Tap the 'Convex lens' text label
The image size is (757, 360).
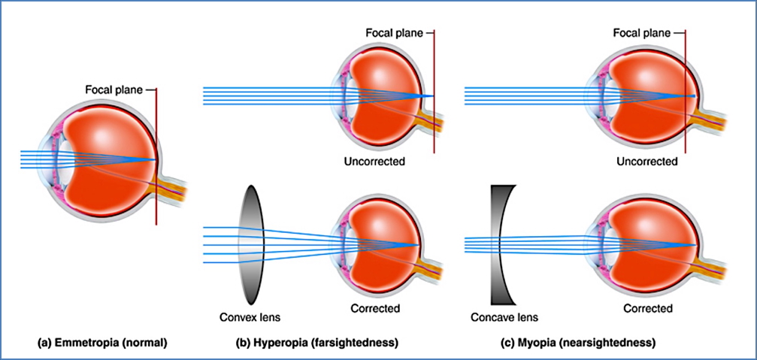point(250,316)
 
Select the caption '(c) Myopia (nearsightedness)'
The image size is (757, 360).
point(579,343)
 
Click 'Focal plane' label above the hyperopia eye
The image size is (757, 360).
point(393,33)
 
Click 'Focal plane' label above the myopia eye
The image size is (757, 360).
point(641,33)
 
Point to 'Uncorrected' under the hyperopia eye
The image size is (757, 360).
point(375,162)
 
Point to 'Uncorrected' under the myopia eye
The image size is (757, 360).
point(647,162)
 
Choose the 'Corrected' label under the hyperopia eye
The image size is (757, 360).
point(375,308)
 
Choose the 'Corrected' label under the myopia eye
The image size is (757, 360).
point(647,308)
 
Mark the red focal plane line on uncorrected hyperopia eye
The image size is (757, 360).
point(434,135)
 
